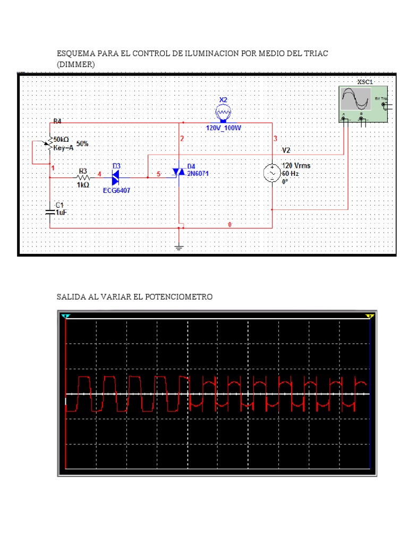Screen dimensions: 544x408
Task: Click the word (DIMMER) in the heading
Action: [76, 64]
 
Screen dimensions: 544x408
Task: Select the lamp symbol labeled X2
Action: [223, 113]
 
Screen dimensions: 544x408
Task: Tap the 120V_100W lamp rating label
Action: [224, 128]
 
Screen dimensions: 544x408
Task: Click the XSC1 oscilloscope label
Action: [364, 82]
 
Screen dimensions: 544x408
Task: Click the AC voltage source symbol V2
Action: [272, 174]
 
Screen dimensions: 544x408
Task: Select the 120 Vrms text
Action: [296, 166]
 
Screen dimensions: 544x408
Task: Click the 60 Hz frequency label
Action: [291, 174]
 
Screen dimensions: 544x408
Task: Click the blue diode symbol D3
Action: [116, 174]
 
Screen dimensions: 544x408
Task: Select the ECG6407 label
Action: [118, 190]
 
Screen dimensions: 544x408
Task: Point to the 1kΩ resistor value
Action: [83, 185]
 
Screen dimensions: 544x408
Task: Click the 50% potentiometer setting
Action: [82, 144]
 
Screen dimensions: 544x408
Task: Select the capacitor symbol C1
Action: [50, 211]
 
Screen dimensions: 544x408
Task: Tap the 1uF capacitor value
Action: [62, 212]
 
